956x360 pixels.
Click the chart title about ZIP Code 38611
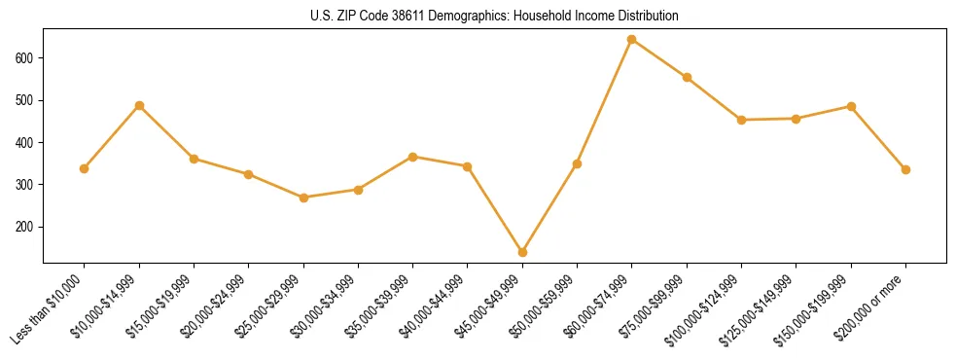coord(494,17)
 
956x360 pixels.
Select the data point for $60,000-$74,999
coord(632,40)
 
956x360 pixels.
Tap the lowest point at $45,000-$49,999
coord(522,252)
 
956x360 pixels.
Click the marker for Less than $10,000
coord(85,168)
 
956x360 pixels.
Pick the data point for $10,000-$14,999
coord(139,105)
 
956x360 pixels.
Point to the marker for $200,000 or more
coord(905,169)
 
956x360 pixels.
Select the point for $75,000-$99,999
coord(687,77)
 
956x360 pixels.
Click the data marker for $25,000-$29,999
coord(303,198)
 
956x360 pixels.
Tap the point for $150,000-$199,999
coord(851,106)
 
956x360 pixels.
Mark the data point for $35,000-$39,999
coord(413,157)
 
